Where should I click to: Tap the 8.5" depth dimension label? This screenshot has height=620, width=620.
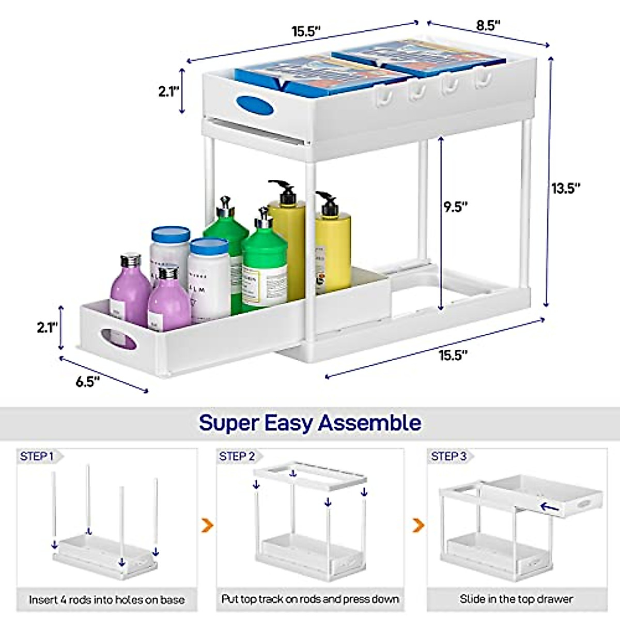coord(487,25)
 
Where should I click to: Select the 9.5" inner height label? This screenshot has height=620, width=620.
coord(456,207)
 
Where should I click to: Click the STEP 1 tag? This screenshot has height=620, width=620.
coord(37,456)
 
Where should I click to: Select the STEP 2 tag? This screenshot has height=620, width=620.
coord(237,456)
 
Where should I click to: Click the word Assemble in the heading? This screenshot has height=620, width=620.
coord(369,423)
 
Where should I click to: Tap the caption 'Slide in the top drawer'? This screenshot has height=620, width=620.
coord(516,599)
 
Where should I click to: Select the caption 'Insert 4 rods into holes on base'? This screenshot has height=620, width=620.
coord(107,600)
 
